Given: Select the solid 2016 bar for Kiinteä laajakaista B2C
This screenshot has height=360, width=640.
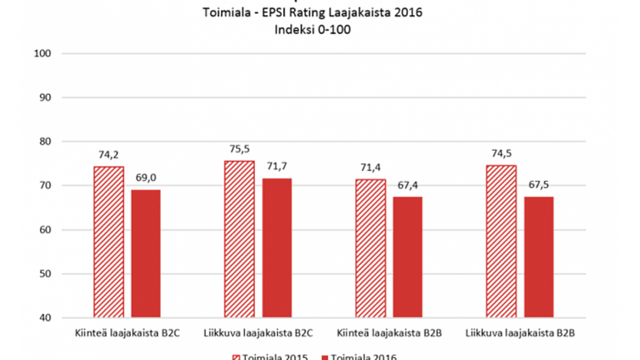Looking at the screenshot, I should click(x=146, y=254).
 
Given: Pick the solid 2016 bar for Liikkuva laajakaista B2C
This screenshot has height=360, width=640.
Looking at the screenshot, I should click(x=277, y=248).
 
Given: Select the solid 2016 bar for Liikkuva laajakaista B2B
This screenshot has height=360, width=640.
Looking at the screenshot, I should click(x=539, y=257).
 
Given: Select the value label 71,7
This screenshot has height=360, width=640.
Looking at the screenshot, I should click(x=277, y=167).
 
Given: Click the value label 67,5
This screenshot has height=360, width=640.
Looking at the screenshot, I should click(x=539, y=186).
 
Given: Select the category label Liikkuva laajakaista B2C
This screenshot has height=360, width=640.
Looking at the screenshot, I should click(x=258, y=334).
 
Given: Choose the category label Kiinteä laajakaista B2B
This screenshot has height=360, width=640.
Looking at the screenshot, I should click(x=389, y=334).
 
